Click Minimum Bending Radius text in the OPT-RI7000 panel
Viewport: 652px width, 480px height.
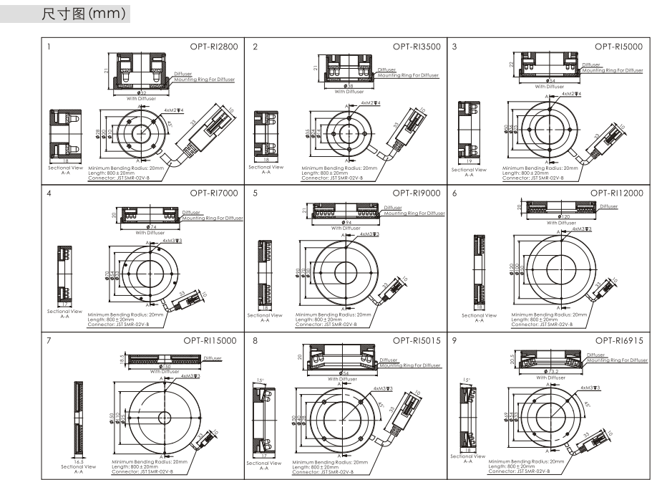(x=126, y=314)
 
